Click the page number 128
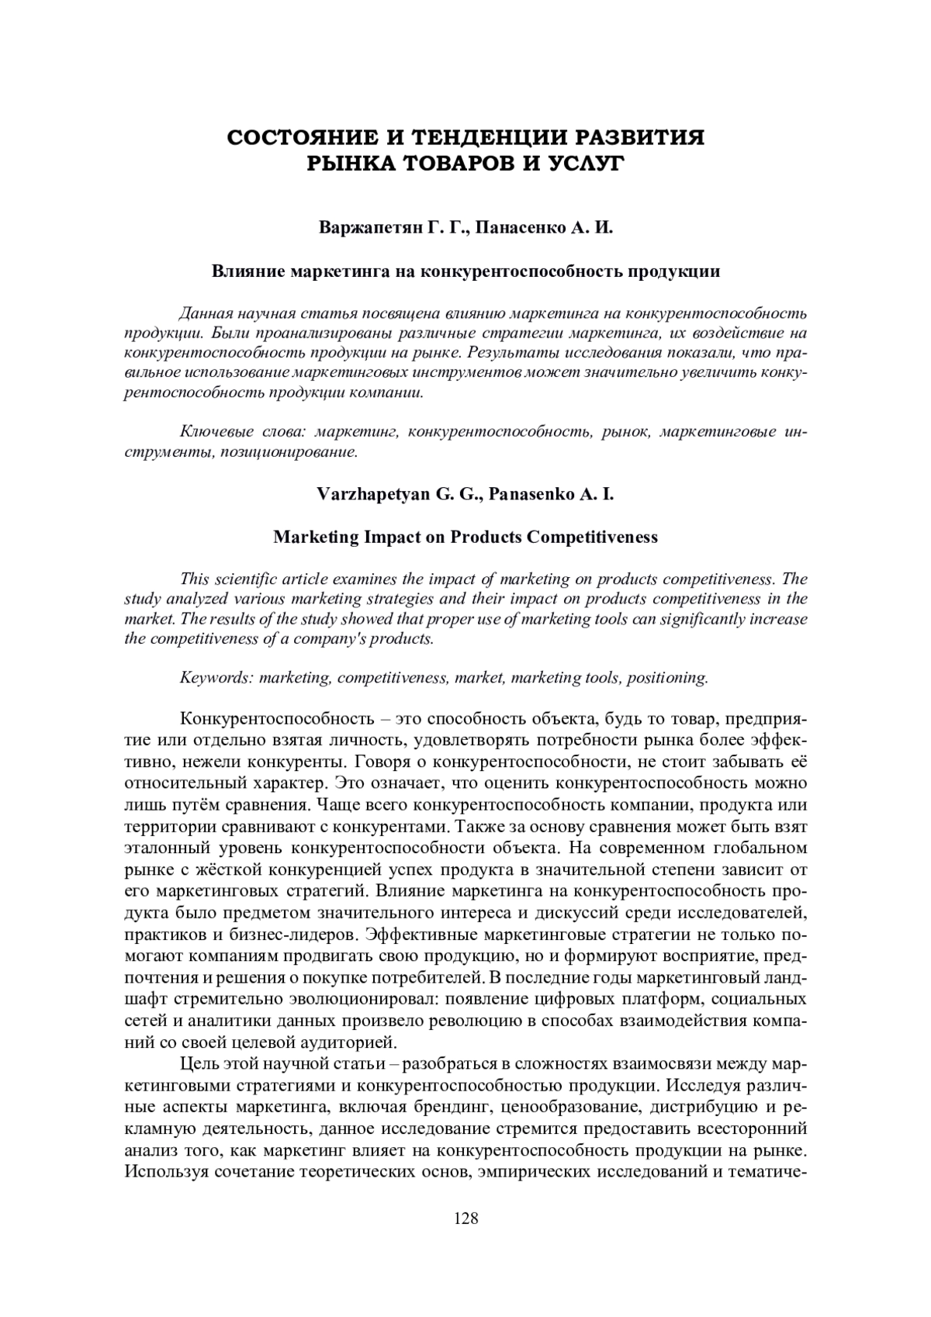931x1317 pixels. (465, 1218)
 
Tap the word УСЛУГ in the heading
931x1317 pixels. (583, 164)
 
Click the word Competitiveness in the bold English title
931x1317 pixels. (592, 537)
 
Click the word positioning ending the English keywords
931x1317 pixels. (667, 677)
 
